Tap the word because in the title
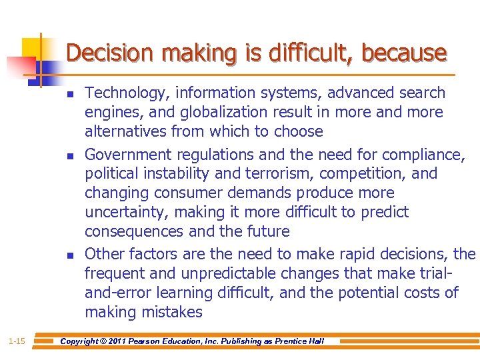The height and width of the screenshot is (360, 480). click(x=404, y=53)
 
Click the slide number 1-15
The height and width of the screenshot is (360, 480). click(x=17, y=341)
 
